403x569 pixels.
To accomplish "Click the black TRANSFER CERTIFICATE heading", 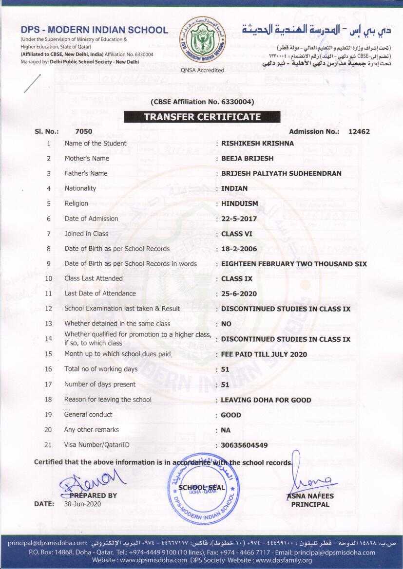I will [202, 117].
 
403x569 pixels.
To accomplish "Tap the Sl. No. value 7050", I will [84, 131].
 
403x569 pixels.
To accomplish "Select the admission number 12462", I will [359, 131].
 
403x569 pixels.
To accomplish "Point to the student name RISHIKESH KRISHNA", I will [258, 144].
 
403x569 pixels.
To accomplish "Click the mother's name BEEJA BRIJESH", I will [247, 159].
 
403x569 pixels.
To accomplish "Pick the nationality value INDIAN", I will [234, 188].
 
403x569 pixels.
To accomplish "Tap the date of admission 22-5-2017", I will [239, 219].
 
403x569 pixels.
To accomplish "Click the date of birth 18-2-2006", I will [239, 249].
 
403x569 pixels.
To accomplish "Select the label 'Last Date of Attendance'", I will [100, 293].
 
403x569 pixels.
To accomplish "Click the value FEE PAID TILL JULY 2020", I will [264, 354].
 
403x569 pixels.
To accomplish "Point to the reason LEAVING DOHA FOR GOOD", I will [266, 400].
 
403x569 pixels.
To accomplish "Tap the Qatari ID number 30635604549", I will [244, 445].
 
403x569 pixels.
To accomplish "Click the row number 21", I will [48, 445].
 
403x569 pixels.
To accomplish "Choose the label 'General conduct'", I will [88, 415].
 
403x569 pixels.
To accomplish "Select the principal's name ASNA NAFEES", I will [310, 496].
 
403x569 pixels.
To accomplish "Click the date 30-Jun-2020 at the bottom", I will [82, 504].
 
